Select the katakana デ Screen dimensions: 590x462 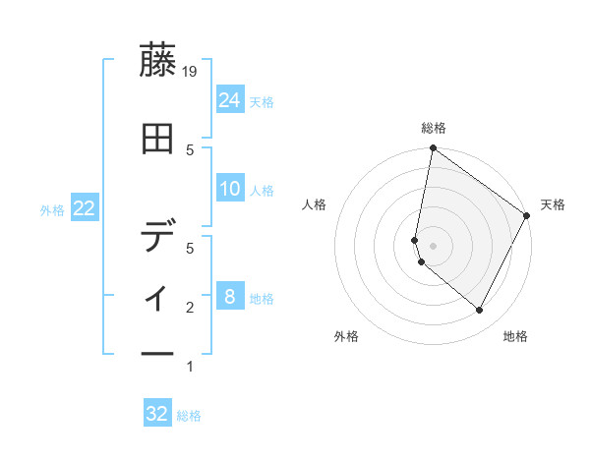tap(157, 236)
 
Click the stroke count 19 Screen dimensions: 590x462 tap(191, 71)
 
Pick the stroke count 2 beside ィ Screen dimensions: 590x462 tap(191, 308)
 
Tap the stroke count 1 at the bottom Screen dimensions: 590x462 tap(191, 367)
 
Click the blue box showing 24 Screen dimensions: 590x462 tap(230, 99)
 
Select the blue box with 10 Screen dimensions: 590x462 tap(230, 189)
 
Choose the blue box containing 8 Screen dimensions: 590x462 tap(230, 296)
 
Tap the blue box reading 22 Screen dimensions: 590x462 tap(85, 208)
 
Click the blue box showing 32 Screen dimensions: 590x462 tap(157, 414)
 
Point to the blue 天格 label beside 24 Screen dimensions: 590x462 tap(262, 101)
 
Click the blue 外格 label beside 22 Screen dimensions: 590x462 tap(52, 210)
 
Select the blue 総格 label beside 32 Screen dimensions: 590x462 tap(189, 416)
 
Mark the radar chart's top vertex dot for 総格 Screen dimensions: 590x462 tap(433, 148)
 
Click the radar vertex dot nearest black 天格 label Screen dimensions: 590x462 tap(527, 217)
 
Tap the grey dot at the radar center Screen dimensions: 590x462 tap(433, 245)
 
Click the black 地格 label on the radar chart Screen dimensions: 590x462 tap(515, 337)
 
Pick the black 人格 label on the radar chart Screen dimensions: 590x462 tap(315, 204)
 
